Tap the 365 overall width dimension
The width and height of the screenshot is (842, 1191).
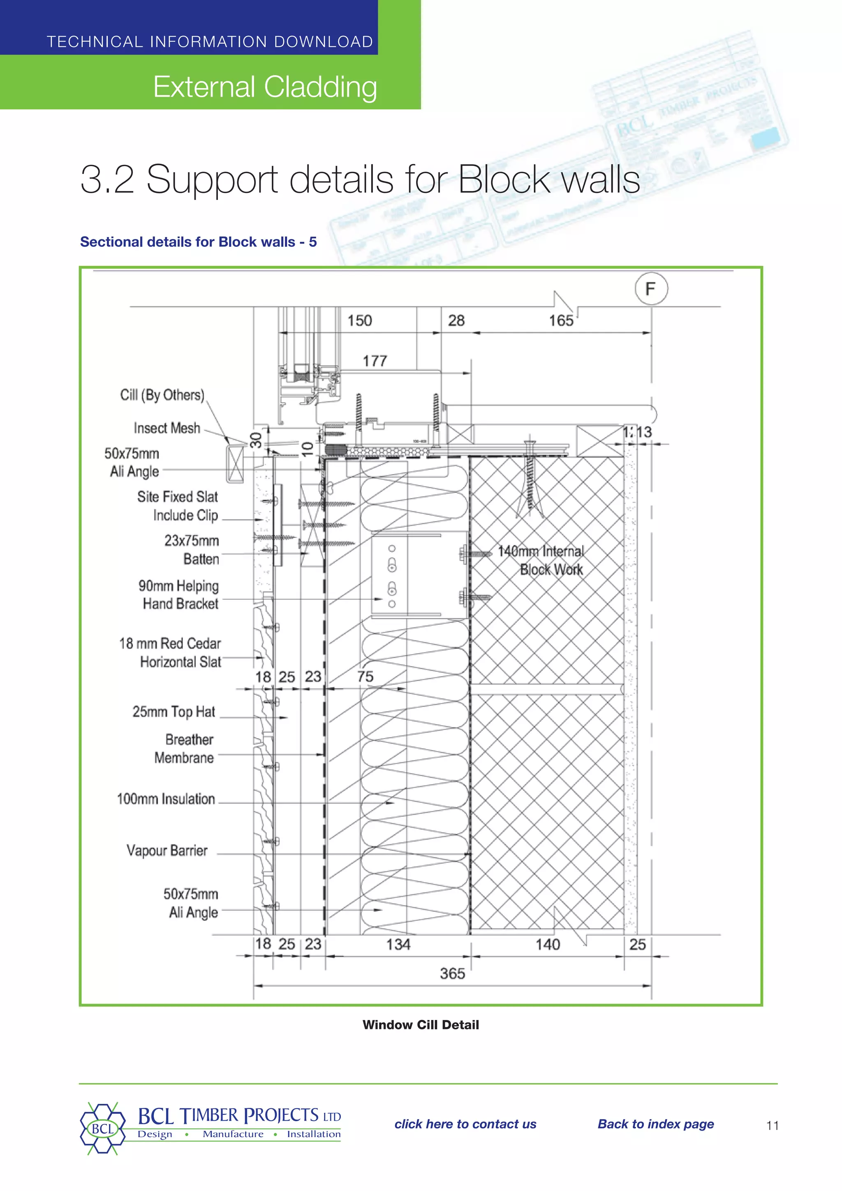[452, 974]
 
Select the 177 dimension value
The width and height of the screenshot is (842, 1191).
[375, 361]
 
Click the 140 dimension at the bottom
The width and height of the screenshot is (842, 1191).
[548, 944]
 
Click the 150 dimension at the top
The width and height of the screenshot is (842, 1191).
[359, 320]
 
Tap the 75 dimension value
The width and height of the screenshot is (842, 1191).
[365, 677]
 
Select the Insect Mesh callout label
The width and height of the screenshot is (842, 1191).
[167, 428]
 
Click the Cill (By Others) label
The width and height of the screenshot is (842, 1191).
[162, 395]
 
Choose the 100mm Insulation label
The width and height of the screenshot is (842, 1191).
[166, 799]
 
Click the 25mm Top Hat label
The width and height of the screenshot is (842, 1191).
[173, 712]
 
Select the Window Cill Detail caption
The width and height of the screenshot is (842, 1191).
[421, 1024]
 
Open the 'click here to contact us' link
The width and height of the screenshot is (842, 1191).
[465, 1124]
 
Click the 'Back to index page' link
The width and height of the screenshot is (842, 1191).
[655, 1124]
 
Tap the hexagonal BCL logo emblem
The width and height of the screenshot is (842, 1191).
[103, 1129]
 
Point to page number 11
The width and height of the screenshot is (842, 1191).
[772, 1125]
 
